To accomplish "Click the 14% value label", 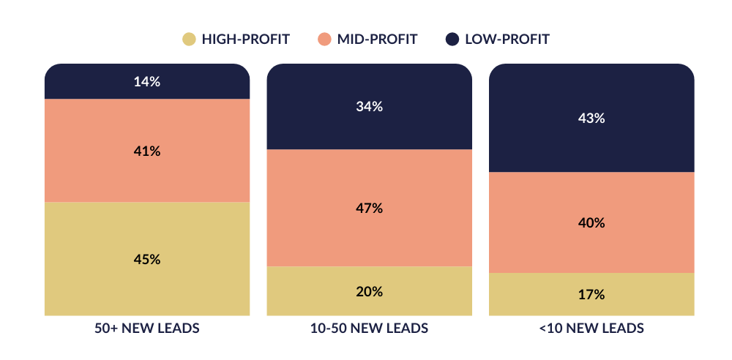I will (146, 82).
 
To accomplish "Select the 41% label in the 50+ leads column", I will (146, 151).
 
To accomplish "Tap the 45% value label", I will (146, 260).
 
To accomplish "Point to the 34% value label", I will (369, 107).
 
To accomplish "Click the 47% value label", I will (369, 209).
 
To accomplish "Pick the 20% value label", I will (369, 292).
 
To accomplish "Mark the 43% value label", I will (591, 118).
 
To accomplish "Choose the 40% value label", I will (591, 223).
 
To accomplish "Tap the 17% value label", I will (591, 295).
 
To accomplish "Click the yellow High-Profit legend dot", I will (189, 39).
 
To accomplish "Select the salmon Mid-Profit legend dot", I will (324, 39).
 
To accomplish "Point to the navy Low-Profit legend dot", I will (452, 39).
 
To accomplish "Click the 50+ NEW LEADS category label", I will (146, 329).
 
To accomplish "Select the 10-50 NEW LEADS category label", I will (369, 329).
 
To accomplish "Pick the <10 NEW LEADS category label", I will (591, 329).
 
